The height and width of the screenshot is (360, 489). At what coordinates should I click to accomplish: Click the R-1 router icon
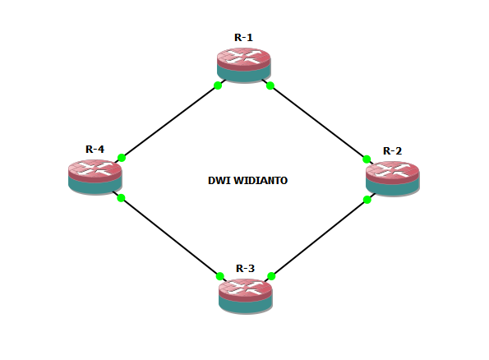[x=244, y=64]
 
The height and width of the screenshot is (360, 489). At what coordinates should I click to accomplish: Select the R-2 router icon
[x=392, y=178]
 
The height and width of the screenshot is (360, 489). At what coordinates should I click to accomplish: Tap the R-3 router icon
[x=245, y=294]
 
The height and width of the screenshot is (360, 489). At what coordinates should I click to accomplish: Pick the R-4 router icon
[x=95, y=175]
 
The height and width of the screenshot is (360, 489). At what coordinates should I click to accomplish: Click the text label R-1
[x=244, y=37]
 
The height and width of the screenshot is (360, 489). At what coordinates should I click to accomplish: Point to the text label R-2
[x=392, y=150]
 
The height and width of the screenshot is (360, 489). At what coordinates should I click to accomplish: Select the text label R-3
[x=245, y=268]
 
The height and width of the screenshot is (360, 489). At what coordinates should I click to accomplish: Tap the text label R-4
[x=95, y=149]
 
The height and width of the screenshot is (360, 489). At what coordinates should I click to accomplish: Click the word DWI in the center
[x=219, y=179]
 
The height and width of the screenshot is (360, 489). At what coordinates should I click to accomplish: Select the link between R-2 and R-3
[x=320, y=238]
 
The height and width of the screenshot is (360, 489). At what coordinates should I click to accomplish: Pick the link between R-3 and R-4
[x=170, y=237]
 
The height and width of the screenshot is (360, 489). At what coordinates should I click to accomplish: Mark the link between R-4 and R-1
[x=169, y=122]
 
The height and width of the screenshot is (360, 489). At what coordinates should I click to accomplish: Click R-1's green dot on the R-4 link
[x=218, y=85]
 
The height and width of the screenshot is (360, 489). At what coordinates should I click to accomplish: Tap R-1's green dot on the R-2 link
[x=270, y=85]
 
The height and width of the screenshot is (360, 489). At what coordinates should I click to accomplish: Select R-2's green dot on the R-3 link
[x=367, y=200]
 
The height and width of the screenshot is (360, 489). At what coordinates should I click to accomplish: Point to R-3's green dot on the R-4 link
[x=220, y=276]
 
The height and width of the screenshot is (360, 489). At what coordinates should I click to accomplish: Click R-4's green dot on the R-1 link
[x=121, y=158]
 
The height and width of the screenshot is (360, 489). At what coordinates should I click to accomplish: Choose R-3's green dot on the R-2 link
[x=271, y=276]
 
